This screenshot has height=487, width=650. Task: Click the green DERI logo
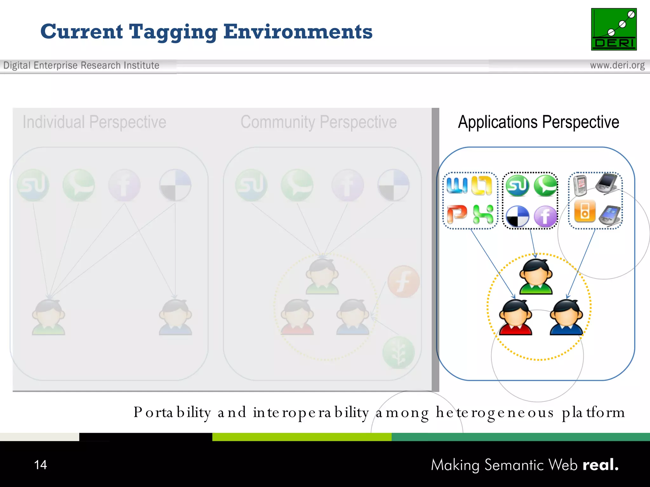614,29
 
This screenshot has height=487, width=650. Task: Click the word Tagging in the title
173,32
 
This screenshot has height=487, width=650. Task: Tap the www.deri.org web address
617,65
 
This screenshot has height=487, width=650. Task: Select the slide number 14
40,465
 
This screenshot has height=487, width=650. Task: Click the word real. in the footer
600,465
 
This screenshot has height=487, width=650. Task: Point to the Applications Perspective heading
538,122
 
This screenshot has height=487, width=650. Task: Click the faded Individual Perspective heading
94,122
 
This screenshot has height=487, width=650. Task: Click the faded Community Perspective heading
318,122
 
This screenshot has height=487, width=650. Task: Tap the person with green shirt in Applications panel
536,277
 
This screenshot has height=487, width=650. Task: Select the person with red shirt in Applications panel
515,317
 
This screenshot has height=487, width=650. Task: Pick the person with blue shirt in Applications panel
567,317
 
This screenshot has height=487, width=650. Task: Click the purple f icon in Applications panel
545,217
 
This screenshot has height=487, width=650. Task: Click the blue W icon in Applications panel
457,185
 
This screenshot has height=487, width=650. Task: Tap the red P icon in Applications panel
457,214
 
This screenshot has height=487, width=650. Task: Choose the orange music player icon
585,211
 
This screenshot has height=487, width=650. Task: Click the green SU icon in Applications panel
517,186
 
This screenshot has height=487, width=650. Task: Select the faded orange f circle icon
403,282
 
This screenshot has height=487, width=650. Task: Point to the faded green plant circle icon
398,353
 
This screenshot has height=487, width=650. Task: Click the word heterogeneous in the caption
495,412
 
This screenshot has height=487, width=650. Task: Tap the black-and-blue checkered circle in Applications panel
517,217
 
